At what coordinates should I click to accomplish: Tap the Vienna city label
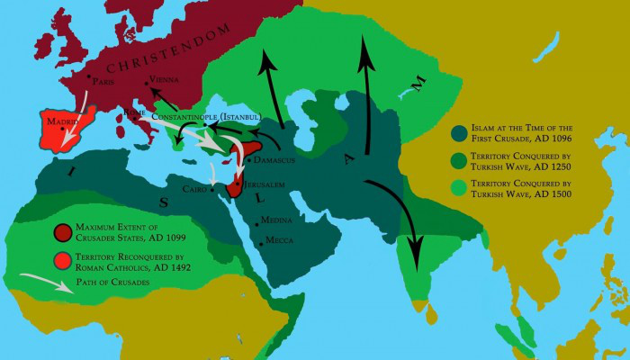coord(164,80)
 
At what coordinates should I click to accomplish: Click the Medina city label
coord(276,221)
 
